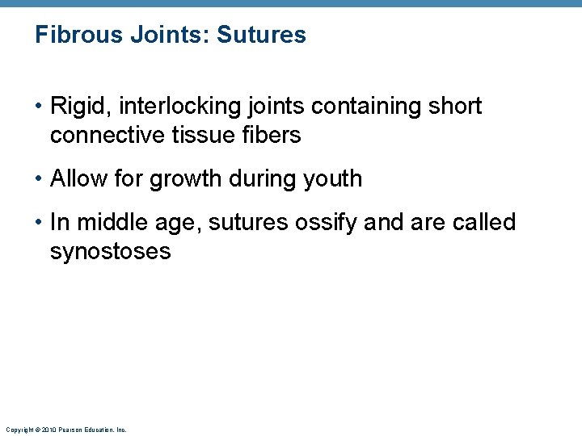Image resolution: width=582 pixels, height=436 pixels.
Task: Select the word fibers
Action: [273, 136]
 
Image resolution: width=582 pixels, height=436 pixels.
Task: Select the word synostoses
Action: [110, 252]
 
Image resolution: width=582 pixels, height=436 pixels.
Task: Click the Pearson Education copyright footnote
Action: [65, 430]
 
